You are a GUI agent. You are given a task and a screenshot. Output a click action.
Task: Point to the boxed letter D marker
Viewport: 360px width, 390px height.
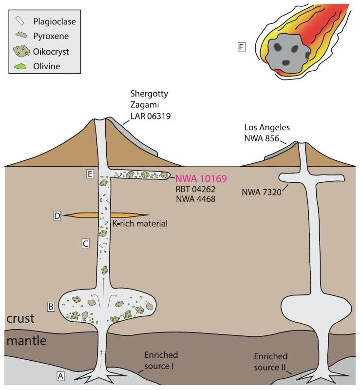pos(57,215)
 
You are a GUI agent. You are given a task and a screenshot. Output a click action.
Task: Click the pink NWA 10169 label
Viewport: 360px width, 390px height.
pos(198,177)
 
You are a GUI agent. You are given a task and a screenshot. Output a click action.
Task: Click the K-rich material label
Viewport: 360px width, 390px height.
pos(139,224)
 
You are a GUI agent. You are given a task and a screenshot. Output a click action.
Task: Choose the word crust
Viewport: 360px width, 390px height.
pos(20,318)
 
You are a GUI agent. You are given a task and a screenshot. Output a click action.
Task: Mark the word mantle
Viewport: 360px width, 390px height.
pos(26,341)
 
